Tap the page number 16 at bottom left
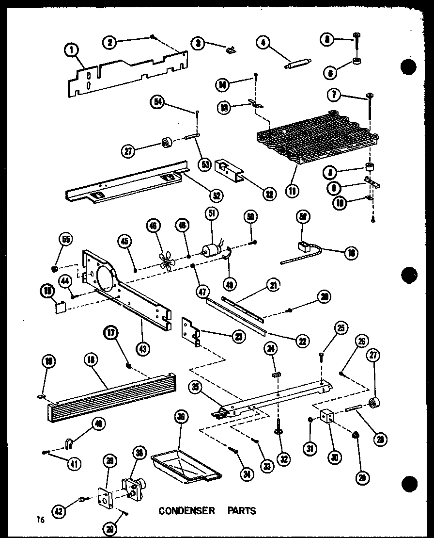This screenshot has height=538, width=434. click(x=40, y=520)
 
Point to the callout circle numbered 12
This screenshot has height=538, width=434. click(x=267, y=194)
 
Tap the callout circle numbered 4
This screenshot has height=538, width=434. click(x=264, y=43)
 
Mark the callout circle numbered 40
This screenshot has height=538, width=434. click(x=98, y=424)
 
